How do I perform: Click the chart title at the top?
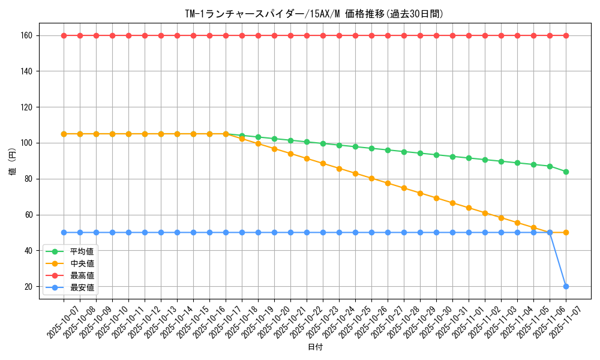(314, 14)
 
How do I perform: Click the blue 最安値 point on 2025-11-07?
(566, 286)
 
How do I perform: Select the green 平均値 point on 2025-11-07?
(566, 172)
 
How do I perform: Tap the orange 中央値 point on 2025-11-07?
(566, 232)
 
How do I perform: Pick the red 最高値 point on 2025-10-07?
(64, 35)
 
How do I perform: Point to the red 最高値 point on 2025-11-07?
(566, 35)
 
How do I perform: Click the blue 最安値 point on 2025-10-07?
(64, 232)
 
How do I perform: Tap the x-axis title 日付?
(314, 347)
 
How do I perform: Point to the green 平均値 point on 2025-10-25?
(355, 146)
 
